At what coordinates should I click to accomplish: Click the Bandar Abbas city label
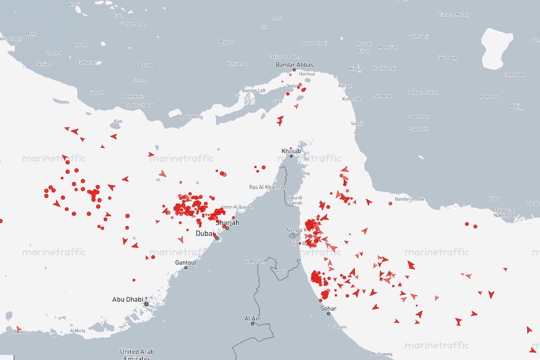click(x=294, y=64)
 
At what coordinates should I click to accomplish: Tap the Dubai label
click(x=204, y=233)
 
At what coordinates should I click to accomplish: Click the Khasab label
click(x=291, y=151)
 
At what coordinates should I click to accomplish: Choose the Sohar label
click(x=328, y=309)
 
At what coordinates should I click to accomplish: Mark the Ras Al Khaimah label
click(x=267, y=187)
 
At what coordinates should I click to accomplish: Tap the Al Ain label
click(x=252, y=319)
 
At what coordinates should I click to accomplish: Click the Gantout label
click(x=185, y=262)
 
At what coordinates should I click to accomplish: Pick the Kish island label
click(x=118, y=121)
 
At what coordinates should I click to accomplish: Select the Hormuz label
click(x=307, y=73)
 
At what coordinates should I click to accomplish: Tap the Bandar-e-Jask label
click(x=410, y=199)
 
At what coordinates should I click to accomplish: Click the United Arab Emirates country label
click(x=138, y=354)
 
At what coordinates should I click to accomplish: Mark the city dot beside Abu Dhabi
click(x=146, y=304)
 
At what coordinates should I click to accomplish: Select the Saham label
click(x=340, y=327)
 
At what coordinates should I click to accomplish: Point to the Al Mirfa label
click(x=78, y=331)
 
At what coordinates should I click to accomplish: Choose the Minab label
click(x=355, y=68)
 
